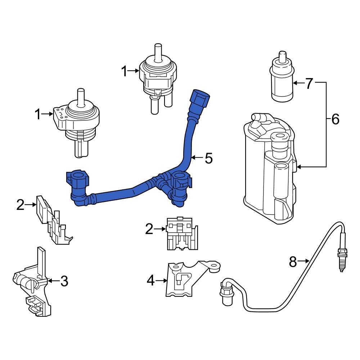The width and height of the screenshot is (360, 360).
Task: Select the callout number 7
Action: [x=309, y=84]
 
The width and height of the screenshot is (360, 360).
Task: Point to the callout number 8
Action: [x=293, y=261]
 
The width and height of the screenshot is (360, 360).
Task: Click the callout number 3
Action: [x=64, y=281]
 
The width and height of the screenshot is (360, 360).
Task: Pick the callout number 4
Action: [x=150, y=280]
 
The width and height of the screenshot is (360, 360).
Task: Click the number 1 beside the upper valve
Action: [x=124, y=71]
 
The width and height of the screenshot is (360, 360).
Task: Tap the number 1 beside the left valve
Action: [x=38, y=114]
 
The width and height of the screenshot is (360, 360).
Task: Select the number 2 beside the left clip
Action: [x=21, y=205]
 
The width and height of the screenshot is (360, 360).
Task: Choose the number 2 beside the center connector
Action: [x=149, y=229]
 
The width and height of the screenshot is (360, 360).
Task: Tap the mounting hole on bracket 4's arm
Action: [x=215, y=268]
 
